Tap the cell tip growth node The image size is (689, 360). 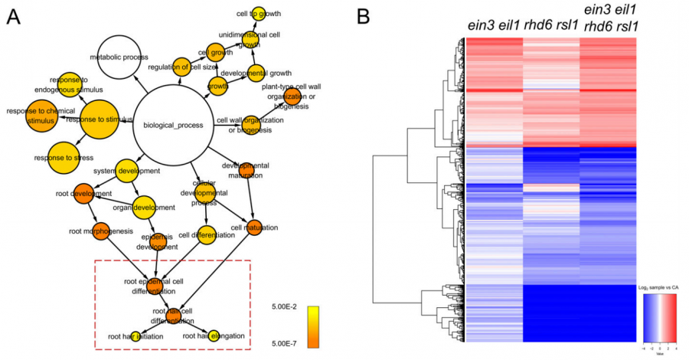coord(259,13)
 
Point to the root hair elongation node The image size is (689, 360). coord(214,335)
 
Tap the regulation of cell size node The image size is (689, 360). coord(181,67)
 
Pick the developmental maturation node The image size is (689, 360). coord(246,169)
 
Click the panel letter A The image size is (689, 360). coord(13,18)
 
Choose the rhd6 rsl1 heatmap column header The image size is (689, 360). coord(550,25)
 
